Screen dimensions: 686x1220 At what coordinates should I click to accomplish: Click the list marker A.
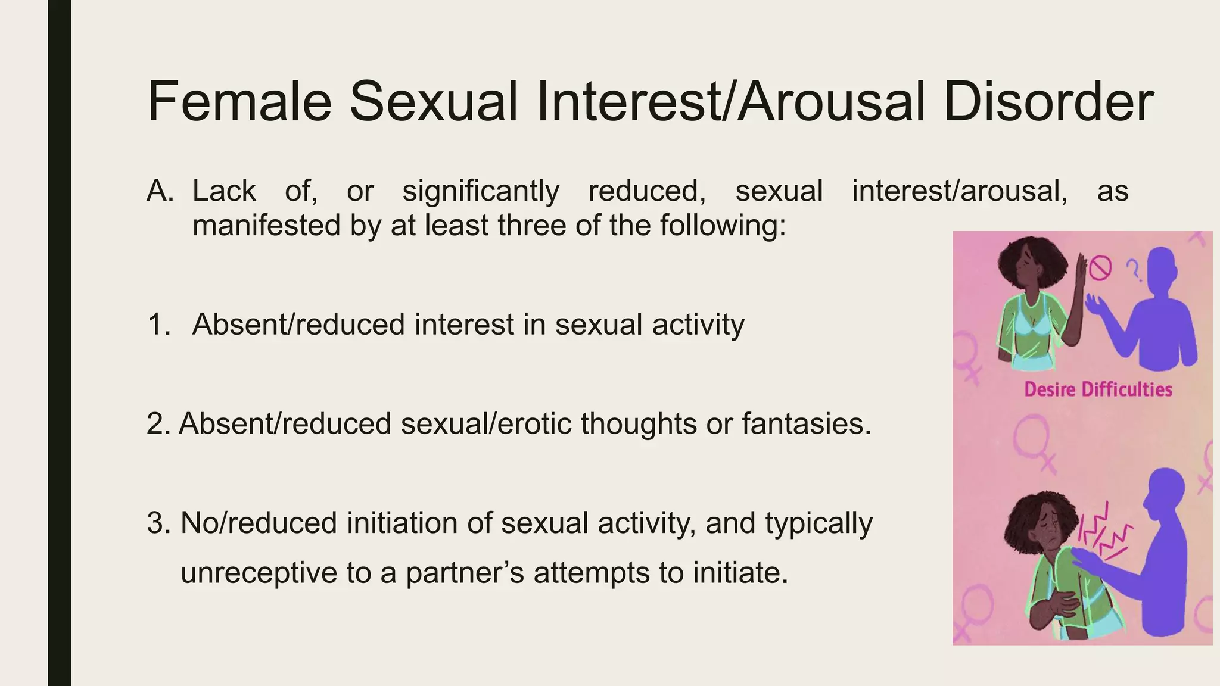160,191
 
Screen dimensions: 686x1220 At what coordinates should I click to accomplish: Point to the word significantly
481,191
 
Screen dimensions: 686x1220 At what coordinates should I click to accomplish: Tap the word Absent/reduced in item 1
298,325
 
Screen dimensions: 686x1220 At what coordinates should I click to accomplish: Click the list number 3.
158,523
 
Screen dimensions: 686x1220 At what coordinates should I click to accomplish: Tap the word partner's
465,573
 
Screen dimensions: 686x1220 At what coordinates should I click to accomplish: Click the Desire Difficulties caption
1098,389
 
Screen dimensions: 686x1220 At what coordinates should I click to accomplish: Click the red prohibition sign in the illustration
1100,268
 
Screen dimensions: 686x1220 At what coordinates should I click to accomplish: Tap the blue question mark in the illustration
1133,271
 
